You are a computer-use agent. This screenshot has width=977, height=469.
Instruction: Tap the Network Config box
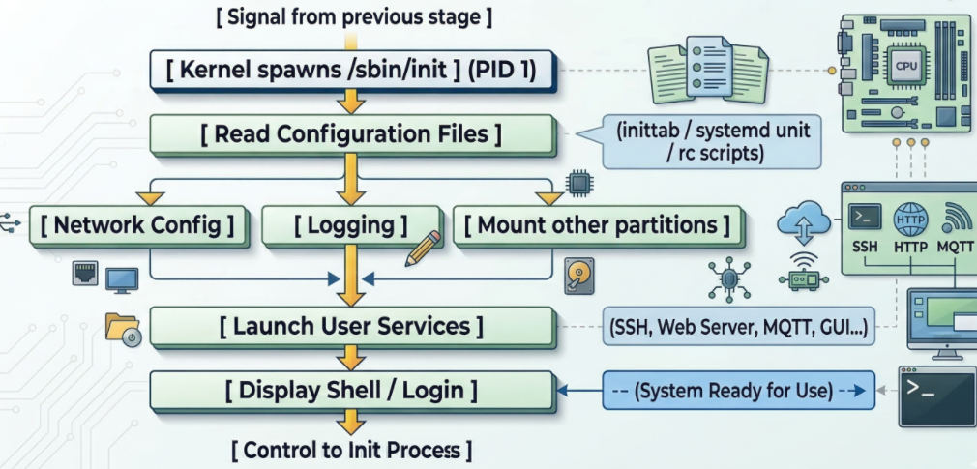(137, 225)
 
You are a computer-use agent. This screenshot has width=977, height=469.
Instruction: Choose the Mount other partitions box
(596, 225)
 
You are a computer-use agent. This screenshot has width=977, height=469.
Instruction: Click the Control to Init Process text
(351, 450)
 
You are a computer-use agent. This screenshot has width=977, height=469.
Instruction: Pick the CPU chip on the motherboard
(905, 67)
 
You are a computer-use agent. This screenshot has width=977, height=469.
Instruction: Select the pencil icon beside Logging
(423, 248)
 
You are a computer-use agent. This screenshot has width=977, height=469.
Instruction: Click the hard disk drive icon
(578, 276)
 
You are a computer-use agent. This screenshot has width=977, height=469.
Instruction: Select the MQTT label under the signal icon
(956, 246)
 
